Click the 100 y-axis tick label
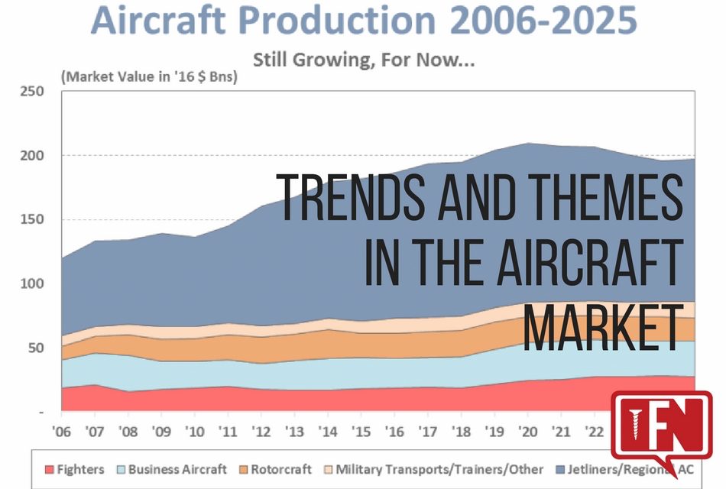pos(31,283)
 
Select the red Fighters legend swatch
pos(49,469)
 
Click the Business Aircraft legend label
pos(177,469)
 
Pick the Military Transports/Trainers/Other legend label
pos(439,469)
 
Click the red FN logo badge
pos(661,432)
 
